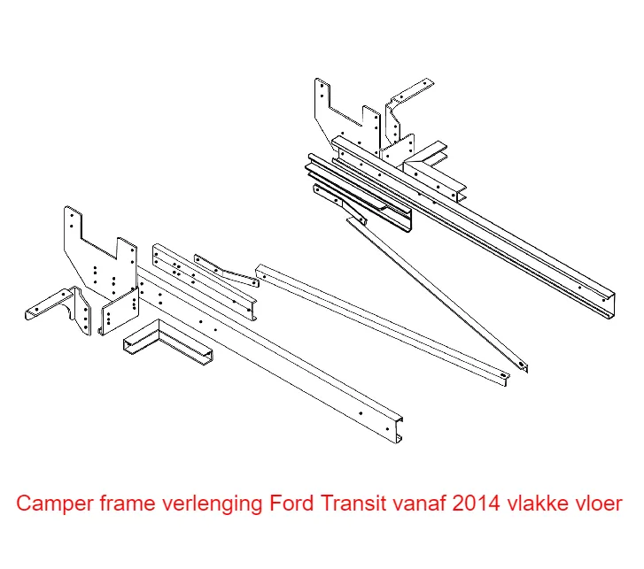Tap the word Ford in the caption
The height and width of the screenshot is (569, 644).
(x=290, y=504)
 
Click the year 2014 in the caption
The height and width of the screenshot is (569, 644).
(x=476, y=504)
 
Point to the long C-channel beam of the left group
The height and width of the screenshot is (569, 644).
(x=283, y=354)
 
